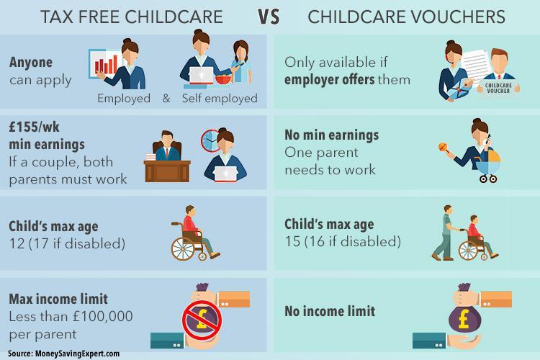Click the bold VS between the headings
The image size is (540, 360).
[x=269, y=17]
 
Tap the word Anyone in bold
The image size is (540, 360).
[x=31, y=63]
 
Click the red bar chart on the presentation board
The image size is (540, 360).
[x=106, y=65]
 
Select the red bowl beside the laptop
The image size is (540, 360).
[x=223, y=79]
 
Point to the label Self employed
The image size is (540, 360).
[x=220, y=98]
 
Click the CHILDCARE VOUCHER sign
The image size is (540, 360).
[x=498, y=88]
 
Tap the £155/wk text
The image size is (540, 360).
[x=34, y=127]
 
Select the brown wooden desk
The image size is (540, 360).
[x=167, y=171]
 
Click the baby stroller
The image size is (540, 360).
[x=488, y=166]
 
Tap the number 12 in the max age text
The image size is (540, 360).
[x=17, y=243]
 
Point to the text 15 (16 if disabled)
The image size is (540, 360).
[x=343, y=241]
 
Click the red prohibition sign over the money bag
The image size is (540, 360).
[x=202, y=320]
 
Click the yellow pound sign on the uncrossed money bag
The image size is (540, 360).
[x=464, y=319]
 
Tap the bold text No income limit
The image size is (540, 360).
[x=330, y=311]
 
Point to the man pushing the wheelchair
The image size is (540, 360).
[x=444, y=233]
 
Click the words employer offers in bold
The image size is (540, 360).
[x=330, y=80]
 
